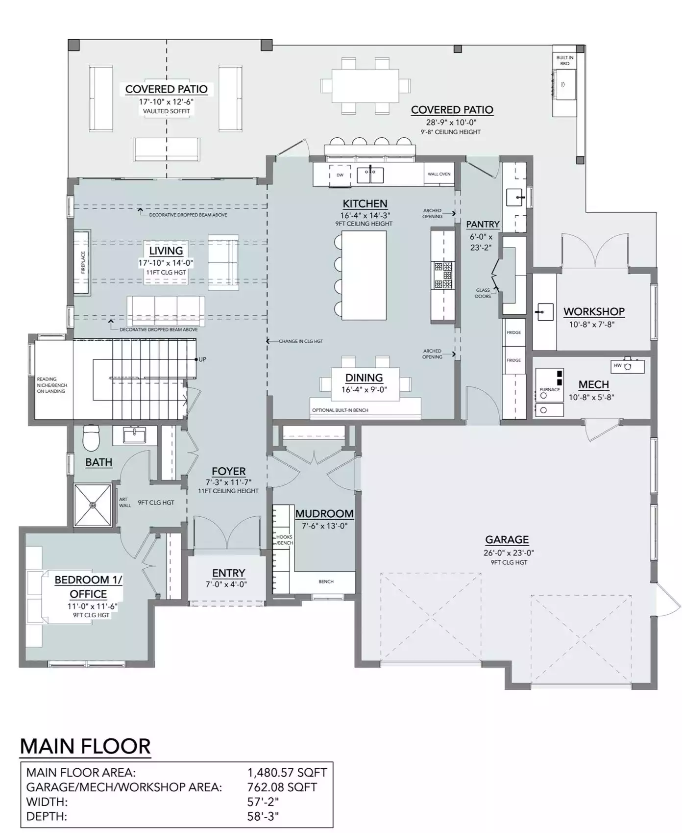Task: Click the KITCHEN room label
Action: click(x=365, y=203)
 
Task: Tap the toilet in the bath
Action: click(x=92, y=437)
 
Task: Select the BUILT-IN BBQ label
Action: click(x=564, y=60)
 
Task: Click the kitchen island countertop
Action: click(x=364, y=275)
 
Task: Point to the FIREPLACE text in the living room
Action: click(x=83, y=262)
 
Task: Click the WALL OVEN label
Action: click(x=438, y=174)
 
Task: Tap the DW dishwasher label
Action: click(x=340, y=175)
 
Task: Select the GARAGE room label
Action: click(x=507, y=540)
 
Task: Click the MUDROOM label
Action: click(x=324, y=514)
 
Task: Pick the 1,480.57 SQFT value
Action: click(x=287, y=772)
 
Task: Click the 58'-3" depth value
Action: click(x=263, y=816)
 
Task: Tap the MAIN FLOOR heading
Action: click(x=85, y=746)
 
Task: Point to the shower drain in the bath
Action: click(x=93, y=505)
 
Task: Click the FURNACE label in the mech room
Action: click(x=549, y=390)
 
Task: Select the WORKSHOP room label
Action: click(x=594, y=311)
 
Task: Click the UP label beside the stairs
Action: click(x=202, y=359)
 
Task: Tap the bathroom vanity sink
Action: click(x=134, y=435)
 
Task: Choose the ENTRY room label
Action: click(x=228, y=573)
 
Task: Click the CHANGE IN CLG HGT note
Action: click(x=301, y=341)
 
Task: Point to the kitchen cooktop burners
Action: click(x=443, y=275)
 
